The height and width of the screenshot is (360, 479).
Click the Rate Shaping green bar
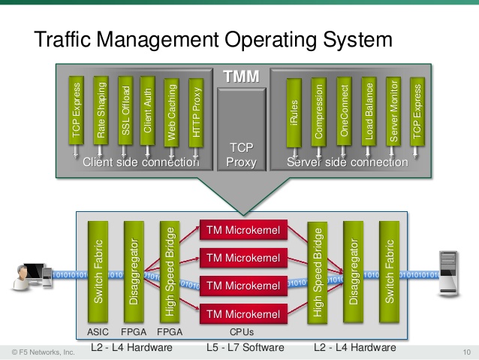click(100, 113)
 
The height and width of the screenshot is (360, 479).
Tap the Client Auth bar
click(147, 113)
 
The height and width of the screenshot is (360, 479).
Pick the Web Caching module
click(171, 113)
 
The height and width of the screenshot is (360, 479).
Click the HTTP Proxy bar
click(196, 113)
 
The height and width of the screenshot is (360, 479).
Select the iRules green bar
click(294, 113)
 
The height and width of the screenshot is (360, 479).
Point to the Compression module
click(318, 113)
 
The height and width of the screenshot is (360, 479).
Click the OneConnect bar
click(343, 113)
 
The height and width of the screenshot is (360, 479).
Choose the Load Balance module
click(368, 113)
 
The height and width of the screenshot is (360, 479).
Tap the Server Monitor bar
click(392, 113)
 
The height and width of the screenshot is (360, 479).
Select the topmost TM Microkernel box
click(243, 230)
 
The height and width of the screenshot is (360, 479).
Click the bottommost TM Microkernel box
click(243, 313)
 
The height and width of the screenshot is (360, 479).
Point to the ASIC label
click(98, 331)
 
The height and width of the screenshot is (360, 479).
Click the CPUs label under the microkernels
click(243, 331)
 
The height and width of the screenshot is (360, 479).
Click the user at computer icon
click(27, 274)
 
